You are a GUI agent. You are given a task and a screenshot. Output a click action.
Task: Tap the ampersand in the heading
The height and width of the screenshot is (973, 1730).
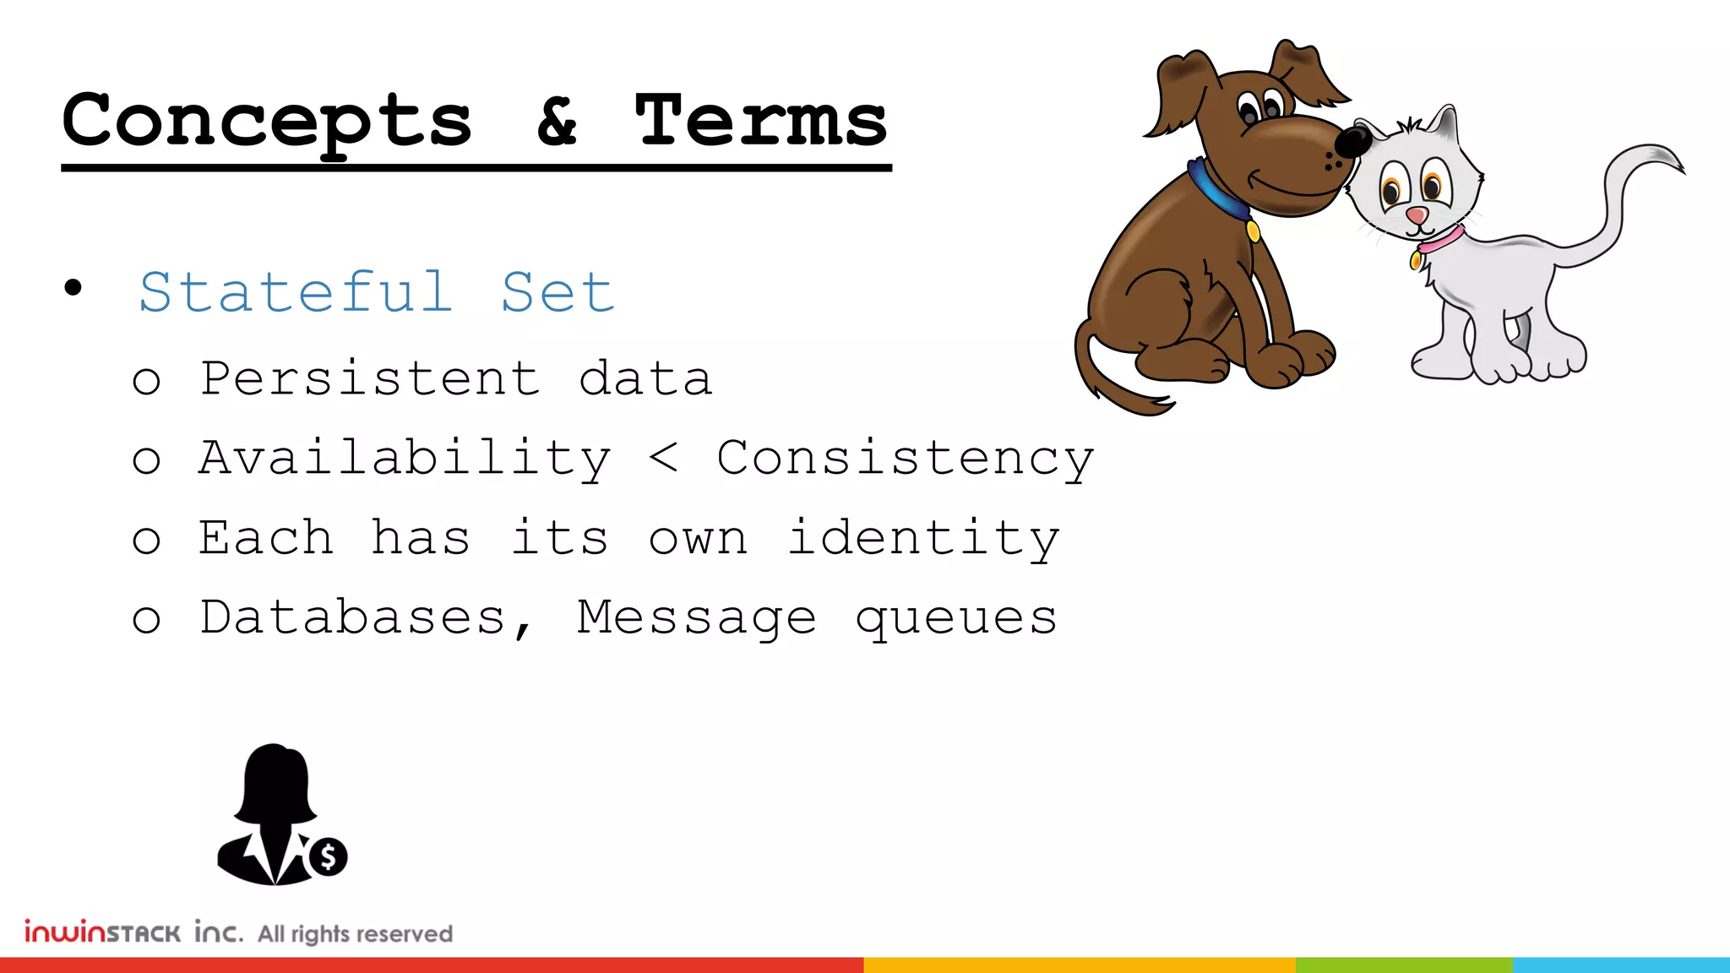point(558,121)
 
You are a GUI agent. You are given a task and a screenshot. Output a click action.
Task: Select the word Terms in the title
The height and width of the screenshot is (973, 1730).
point(761,121)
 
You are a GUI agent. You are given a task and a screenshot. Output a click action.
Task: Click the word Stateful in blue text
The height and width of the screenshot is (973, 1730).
point(296,292)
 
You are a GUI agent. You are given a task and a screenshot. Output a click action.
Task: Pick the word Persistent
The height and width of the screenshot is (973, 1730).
point(370,378)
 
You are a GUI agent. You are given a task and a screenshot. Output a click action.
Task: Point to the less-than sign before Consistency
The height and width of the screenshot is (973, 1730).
point(664,459)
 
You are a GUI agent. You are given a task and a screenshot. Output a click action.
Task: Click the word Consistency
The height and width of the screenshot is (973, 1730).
point(905,459)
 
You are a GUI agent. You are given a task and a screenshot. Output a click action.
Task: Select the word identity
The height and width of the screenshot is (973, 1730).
point(922,538)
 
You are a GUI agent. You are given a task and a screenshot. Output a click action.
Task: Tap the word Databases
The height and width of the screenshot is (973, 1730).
point(353,617)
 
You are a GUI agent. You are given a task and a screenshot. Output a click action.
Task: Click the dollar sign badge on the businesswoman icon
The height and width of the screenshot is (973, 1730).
point(328,857)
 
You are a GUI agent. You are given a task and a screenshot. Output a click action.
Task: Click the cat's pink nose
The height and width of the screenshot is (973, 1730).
point(1417,215)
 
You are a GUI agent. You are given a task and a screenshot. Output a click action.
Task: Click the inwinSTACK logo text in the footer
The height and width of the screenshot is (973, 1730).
point(102,932)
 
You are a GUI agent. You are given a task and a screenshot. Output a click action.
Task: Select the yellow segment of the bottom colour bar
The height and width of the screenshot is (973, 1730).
point(1079,965)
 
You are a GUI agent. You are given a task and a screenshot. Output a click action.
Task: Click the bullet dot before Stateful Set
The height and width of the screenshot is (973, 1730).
point(73,288)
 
